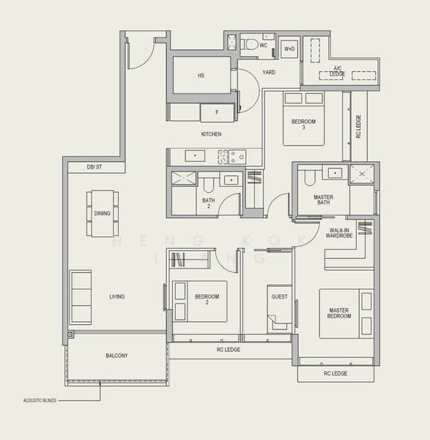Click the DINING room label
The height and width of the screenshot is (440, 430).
(x=103, y=213)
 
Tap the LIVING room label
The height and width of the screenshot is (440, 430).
(x=116, y=297)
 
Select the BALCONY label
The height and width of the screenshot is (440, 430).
(x=116, y=356)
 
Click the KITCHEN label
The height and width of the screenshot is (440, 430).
(x=211, y=134)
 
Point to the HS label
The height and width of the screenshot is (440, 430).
(x=201, y=76)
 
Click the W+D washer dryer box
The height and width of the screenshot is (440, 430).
(x=289, y=49)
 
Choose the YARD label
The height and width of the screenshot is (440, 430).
(x=269, y=72)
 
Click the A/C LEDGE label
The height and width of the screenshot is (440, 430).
(x=338, y=71)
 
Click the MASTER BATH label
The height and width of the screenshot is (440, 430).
(x=323, y=200)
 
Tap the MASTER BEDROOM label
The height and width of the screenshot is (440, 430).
(x=339, y=313)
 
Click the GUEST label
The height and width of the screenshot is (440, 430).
(x=279, y=297)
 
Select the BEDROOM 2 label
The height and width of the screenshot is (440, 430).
(x=207, y=299)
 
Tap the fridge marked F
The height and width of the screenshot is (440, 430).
(x=217, y=112)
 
